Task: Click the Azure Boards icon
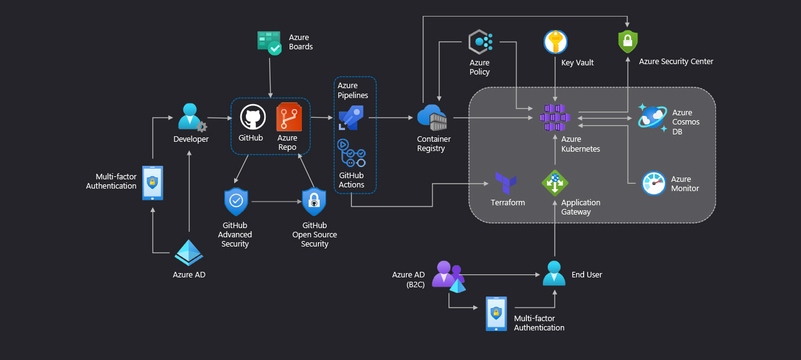(269, 43)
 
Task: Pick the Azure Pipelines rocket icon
(351, 117)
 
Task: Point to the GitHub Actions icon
(351, 153)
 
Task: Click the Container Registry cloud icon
(431, 117)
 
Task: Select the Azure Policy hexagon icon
(480, 42)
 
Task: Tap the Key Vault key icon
(556, 42)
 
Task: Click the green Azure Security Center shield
(628, 42)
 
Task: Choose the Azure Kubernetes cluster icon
(555, 117)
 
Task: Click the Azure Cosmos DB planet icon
(653, 117)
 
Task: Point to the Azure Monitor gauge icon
(654, 183)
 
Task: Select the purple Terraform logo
(506, 182)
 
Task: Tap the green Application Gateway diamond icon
(555, 182)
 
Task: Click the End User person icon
(554, 274)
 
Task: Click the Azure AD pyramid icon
(189, 252)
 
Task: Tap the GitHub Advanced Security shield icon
(235, 201)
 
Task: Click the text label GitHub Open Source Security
(314, 235)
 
